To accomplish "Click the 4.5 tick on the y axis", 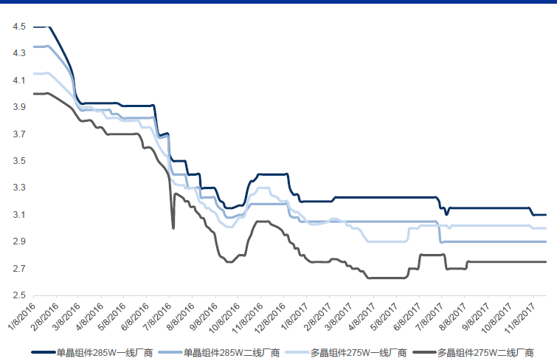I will tap(20, 27).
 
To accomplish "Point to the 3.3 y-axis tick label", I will tap(20, 188).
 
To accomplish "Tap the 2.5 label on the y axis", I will tap(20, 295).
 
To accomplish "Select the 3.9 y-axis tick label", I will tap(20, 107).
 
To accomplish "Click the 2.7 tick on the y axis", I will tap(20, 269).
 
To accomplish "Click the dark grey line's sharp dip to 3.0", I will tap(173, 227).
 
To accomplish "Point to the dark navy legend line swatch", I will tap(44, 352).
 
